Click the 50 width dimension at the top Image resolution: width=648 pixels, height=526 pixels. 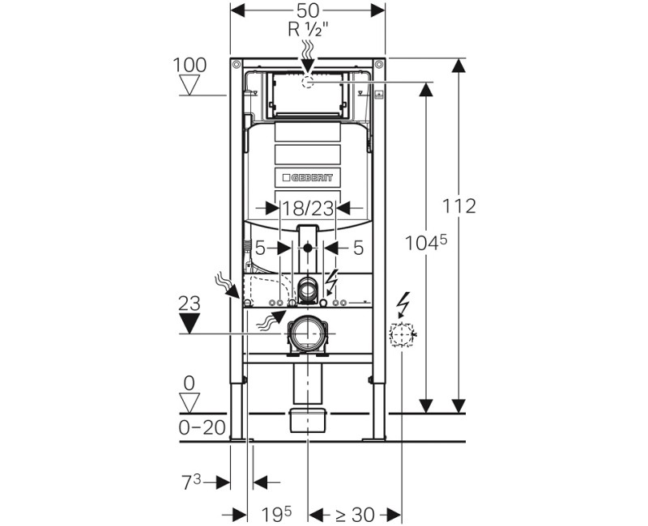308,11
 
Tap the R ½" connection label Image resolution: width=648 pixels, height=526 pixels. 308,29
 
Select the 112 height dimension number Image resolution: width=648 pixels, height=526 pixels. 459,206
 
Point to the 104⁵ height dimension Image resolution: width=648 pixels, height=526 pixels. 426,243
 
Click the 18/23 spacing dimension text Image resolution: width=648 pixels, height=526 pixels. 308,209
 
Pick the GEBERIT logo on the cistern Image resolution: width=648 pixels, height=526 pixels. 308,177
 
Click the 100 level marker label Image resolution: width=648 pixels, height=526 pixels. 190,66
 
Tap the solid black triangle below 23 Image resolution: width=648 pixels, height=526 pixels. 190,323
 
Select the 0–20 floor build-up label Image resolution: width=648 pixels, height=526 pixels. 202,428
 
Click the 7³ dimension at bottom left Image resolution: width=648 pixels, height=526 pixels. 191,481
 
